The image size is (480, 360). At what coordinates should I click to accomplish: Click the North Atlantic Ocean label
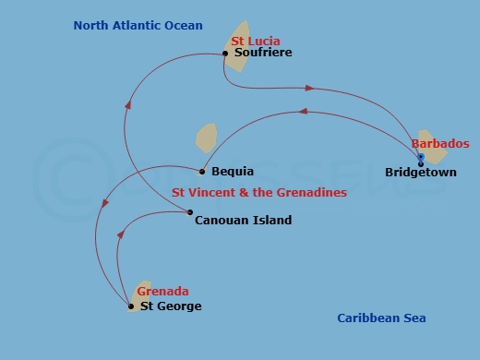point(138,26)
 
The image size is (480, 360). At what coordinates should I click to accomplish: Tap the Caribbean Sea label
point(380,318)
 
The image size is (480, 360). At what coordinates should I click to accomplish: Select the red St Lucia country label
point(255,42)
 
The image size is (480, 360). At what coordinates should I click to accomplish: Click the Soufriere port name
point(263,54)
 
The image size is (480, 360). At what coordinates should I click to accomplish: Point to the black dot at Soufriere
point(225,54)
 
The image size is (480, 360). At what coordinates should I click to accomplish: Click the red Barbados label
point(440,144)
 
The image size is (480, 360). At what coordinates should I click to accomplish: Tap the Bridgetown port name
point(420,172)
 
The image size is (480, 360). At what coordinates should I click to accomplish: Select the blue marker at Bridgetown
point(421,158)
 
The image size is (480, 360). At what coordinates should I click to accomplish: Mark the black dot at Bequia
point(202,171)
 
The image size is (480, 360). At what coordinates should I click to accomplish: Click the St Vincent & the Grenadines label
point(259,193)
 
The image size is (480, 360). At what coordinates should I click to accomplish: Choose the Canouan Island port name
point(243,221)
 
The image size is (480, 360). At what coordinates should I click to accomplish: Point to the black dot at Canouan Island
point(190,213)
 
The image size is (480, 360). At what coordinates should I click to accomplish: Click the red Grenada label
point(162,292)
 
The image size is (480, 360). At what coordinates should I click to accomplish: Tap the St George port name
point(170,306)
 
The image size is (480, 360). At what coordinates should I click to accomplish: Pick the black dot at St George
point(131,306)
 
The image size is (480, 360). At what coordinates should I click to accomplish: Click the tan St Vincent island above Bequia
point(207,138)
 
